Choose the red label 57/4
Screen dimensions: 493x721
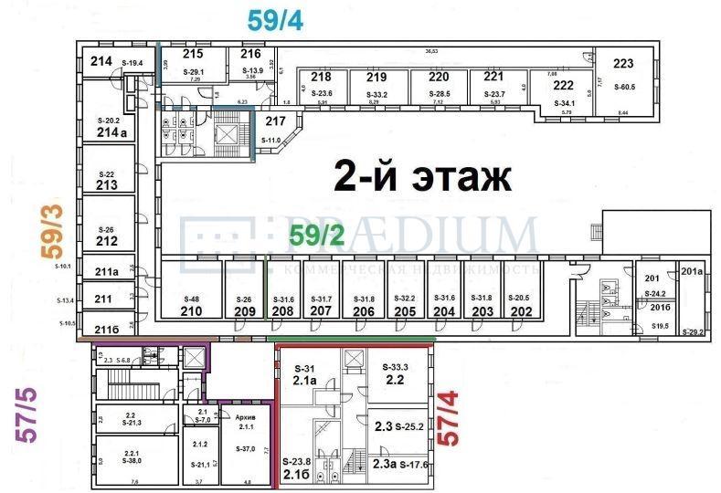[449, 418]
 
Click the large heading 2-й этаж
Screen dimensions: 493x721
[422, 176]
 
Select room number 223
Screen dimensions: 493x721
[623, 64]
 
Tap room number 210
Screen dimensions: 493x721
[191, 310]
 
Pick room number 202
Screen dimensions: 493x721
[521, 310]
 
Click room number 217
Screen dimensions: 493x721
[275, 121]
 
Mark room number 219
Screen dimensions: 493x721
[376, 78]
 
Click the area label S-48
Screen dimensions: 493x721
[191, 299]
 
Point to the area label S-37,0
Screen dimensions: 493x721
[246, 448]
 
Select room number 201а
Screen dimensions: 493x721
[691, 271]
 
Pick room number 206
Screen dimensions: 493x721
[364, 310]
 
